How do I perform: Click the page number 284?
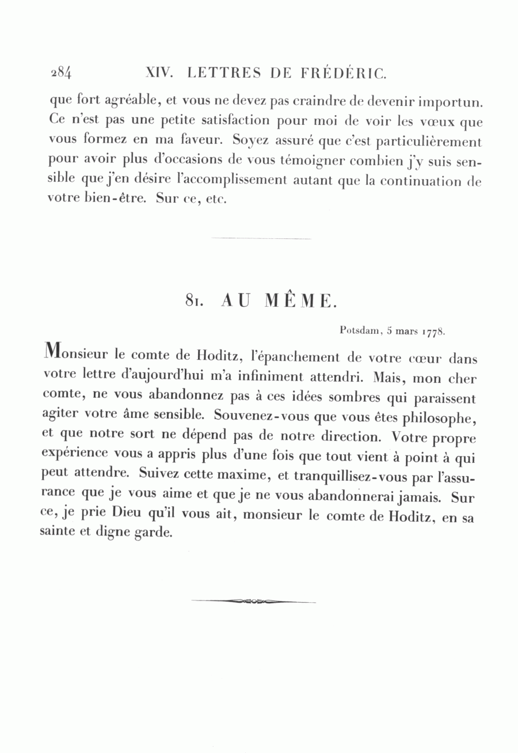point(60,73)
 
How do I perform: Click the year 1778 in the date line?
point(435,332)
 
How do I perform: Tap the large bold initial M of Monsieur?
point(52,351)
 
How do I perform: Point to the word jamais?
point(423,495)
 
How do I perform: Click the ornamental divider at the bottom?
point(253,602)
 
